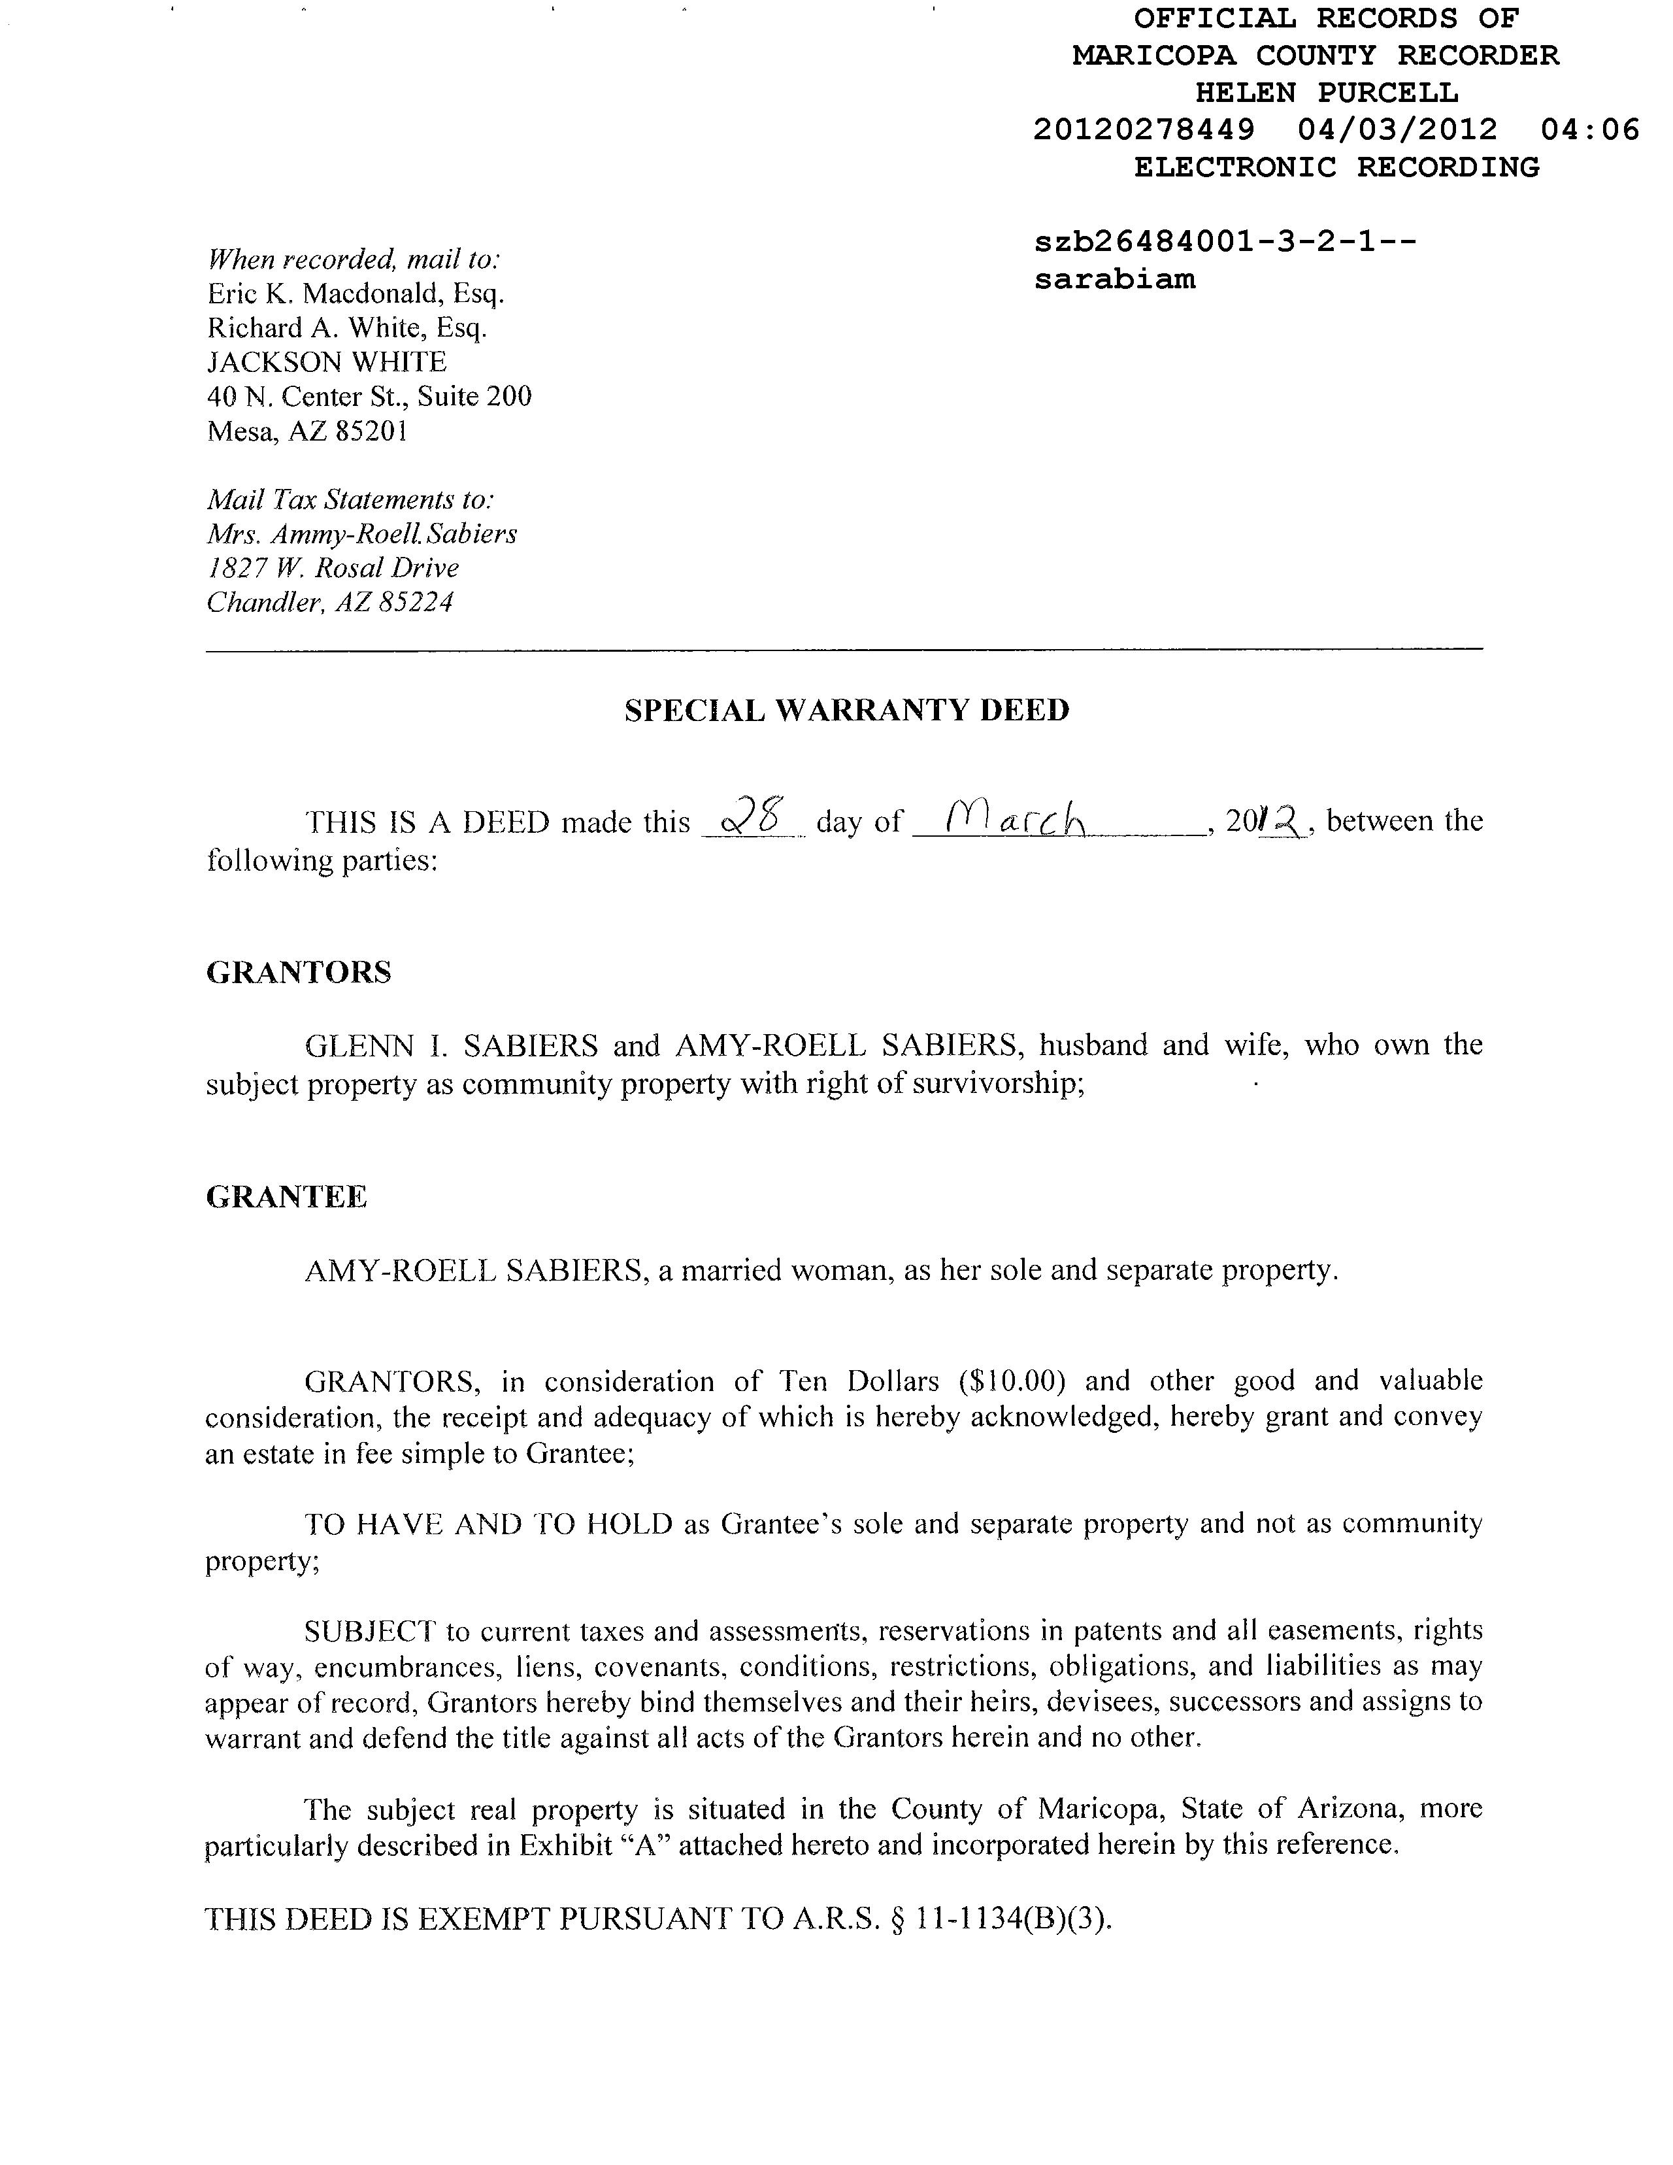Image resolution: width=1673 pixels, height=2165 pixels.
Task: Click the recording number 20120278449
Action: click(1144, 130)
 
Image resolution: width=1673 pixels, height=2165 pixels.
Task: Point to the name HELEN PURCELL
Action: click(1326, 93)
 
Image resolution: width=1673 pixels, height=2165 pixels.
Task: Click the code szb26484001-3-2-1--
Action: click(1225, 242)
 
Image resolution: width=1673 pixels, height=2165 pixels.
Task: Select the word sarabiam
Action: click(1115, 280)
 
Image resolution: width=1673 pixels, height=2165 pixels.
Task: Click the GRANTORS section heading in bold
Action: click(298, 973)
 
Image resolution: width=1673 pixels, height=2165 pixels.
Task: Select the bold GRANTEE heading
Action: click(286, 1198)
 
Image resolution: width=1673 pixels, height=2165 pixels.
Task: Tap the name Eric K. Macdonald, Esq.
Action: click(356, 294)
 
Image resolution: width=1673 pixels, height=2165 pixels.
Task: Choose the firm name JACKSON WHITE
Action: click(327, 362)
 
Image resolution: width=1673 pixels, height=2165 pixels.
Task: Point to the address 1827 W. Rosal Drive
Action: click(333, 568)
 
